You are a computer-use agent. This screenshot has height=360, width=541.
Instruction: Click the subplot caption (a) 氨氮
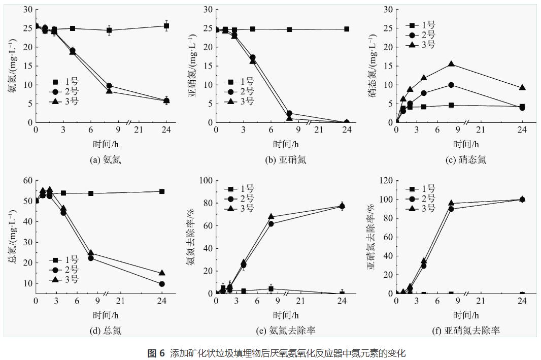[106, 160]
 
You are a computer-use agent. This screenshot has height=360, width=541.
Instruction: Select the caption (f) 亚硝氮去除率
[465, 331]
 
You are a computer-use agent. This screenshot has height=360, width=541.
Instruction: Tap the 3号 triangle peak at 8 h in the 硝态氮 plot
[451, 64]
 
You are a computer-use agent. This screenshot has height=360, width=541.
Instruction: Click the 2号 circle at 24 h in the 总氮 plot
[161, 284]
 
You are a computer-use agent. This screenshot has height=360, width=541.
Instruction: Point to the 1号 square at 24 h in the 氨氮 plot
[166, 26]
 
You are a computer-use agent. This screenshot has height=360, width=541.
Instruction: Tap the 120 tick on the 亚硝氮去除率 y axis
[387, 180]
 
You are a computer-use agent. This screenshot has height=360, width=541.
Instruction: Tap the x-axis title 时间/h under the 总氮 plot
[106, 315]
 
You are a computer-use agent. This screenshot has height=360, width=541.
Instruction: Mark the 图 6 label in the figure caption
[156, 353]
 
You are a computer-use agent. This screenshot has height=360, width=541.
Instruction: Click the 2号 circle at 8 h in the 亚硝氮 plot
[289, 114]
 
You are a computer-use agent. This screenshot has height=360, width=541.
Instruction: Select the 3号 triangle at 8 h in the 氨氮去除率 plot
[271, 217]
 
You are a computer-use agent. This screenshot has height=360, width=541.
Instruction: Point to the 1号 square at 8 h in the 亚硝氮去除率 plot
[451, 294]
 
